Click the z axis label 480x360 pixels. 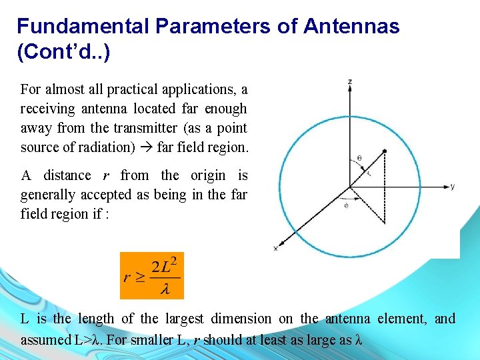350,81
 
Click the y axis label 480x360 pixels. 453,186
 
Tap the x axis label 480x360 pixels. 275,248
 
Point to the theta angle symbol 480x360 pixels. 359,159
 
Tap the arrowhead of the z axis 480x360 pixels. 350,89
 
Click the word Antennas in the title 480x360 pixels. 351,26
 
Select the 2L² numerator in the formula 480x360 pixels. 165,266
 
